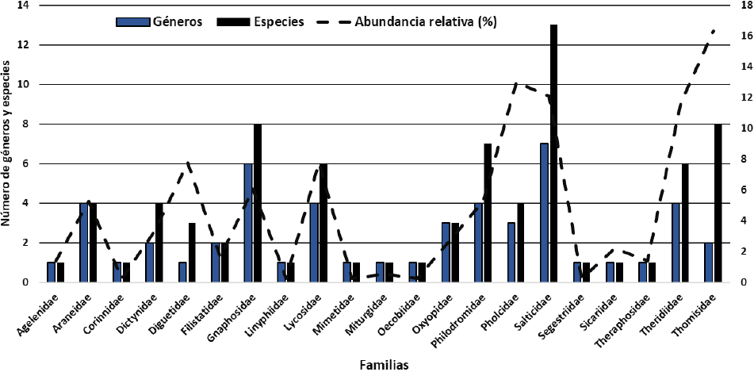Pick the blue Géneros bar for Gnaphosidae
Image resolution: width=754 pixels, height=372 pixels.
[x=248, y=223]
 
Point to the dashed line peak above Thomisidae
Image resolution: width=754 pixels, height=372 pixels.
[x=714, y=31]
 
